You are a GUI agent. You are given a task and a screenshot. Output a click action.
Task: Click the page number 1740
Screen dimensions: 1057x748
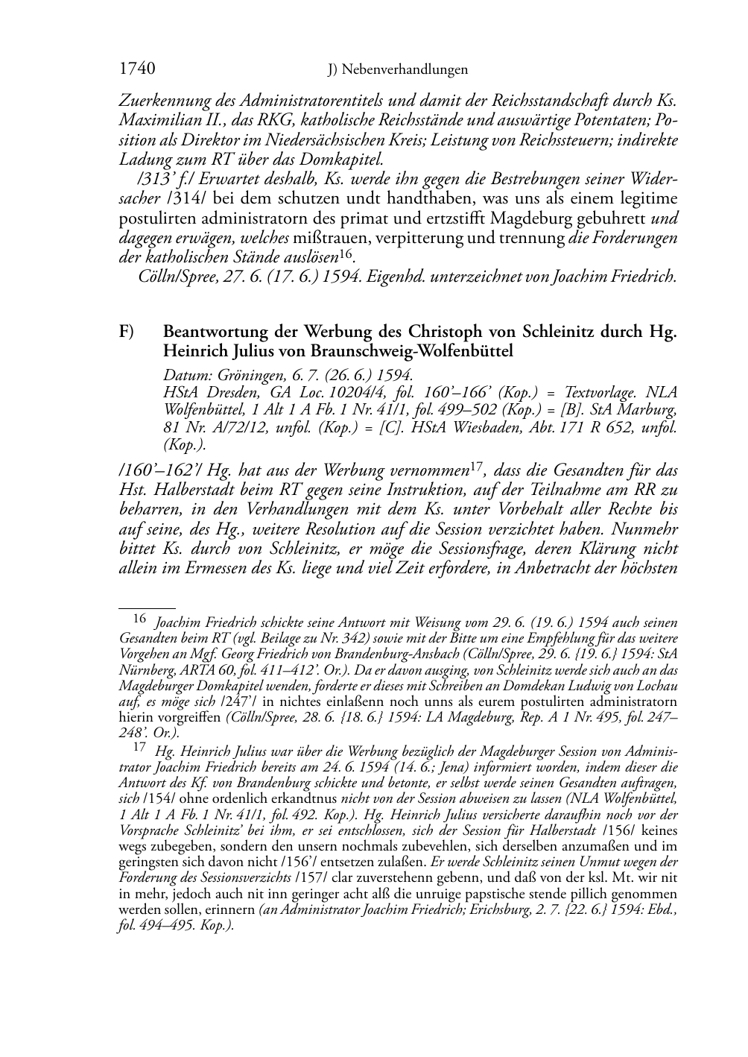tap(137, 69)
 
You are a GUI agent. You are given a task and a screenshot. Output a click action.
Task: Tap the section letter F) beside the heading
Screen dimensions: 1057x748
tap(127, 332)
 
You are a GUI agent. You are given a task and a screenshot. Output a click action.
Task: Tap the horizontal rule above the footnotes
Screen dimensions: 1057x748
tap(147, 608)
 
